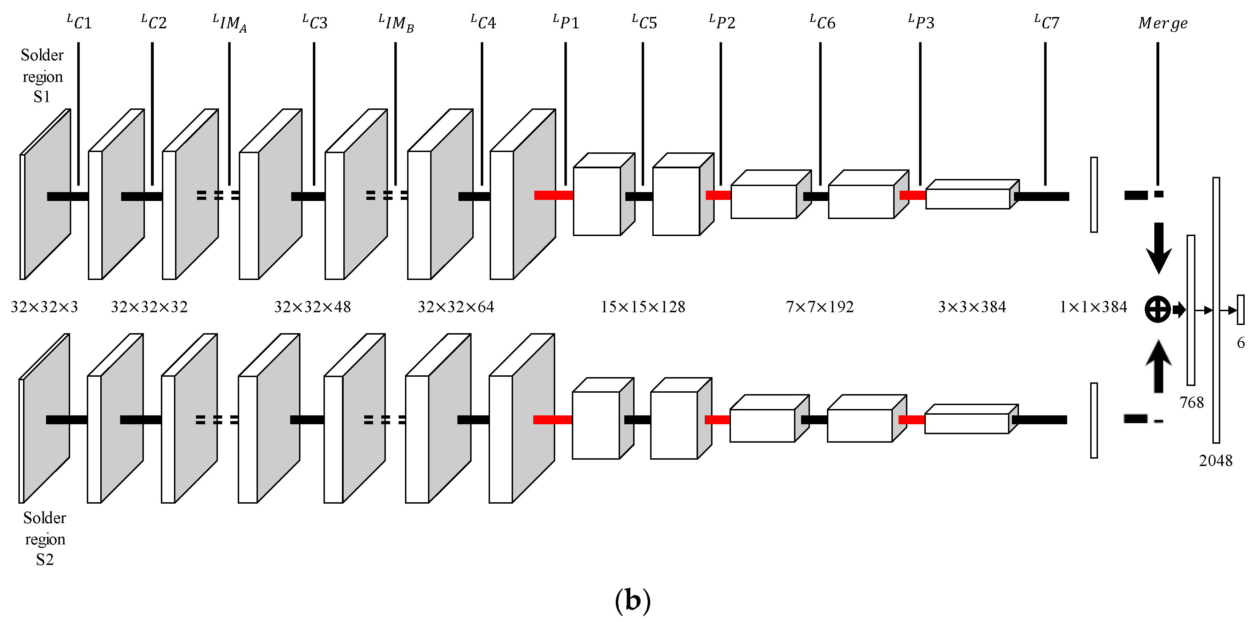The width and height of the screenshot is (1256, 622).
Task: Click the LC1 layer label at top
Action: click(x=79, y=22)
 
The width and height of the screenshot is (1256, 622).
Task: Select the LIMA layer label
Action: click(x=230, y=23)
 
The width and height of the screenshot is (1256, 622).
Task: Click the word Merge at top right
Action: click(x=1162, y=23)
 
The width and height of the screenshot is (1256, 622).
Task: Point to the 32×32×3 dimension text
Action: click(x=44, y=307)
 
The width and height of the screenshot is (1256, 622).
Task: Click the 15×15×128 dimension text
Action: click(x=643, y=307)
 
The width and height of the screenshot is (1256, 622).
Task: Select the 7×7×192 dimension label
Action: click(x=819, y=307)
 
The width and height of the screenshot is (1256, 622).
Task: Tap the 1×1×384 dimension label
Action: click(x=1093, y=307)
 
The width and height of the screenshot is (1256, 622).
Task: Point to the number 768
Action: click(x=1191, y=403)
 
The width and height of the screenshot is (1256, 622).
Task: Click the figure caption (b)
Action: click(x=632, y=600)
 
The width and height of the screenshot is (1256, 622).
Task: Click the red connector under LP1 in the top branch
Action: click(x=553, y=196)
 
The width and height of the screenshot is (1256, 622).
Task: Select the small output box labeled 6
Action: click(x=1240, y=310)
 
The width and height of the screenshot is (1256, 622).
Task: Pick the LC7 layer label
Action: click(x=1046, y=22)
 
